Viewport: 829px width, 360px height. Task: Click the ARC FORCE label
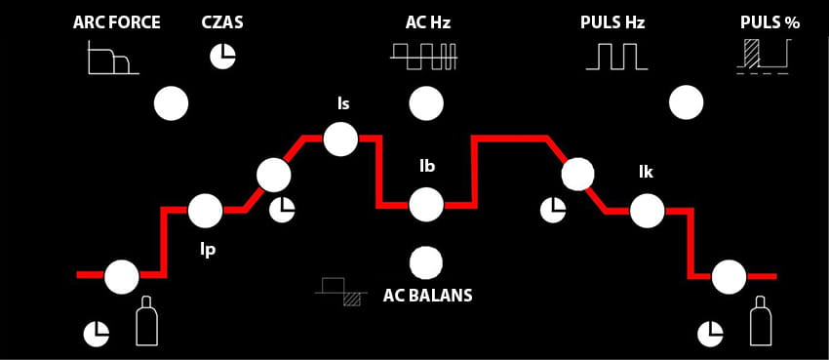point(117,22)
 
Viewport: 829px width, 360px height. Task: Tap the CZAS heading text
point(222,22)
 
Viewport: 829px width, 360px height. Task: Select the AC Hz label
point(428,22)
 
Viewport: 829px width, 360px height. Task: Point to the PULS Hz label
point(612,22)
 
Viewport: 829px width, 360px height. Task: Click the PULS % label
point(770,22)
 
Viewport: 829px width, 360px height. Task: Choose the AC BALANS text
point(428,295)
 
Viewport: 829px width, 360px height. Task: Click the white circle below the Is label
point(340,140)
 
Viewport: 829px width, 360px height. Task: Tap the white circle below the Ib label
point(426,205)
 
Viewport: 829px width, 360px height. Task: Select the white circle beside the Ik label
point(648,211)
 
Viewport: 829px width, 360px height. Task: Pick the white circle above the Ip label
point(205,211)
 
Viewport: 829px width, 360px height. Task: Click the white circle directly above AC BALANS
point(426,262)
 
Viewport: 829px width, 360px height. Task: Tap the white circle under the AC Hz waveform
point(426,103)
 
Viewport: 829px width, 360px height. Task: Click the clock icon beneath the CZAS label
point(223,56)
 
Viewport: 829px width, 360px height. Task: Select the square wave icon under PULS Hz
point(616,58)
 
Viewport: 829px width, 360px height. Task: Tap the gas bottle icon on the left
point(144,320)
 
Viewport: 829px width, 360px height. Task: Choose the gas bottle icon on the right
point(759,320)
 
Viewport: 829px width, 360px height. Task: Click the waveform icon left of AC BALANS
point(341,292)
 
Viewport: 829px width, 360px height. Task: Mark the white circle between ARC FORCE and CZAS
point(171,103)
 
